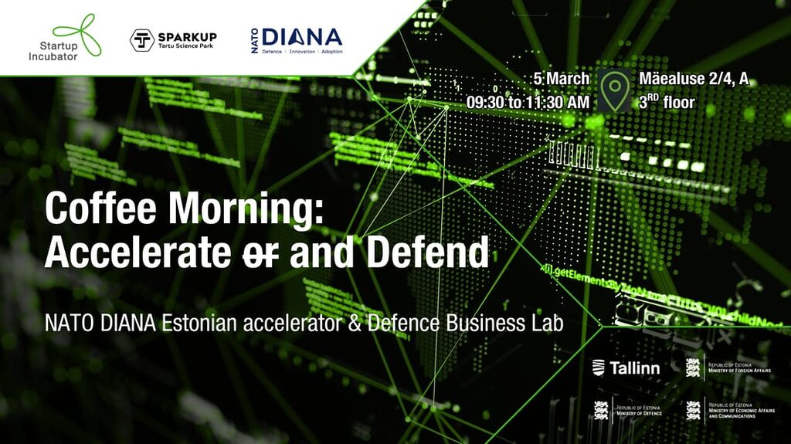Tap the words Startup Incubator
53,50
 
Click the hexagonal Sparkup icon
141,40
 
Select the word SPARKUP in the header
187,36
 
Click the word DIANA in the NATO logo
301,36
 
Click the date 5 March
562,79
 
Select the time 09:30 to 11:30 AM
528,102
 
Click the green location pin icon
615,90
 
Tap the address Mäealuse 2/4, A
694,79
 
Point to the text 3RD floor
667,102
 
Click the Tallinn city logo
626,368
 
